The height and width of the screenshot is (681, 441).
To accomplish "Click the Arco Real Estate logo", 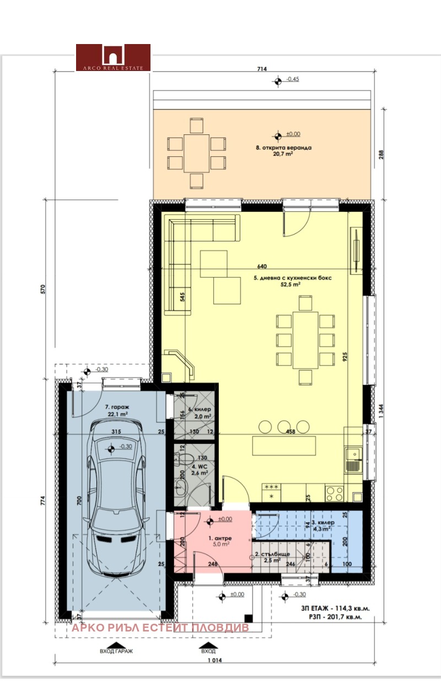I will (x=113, y=57).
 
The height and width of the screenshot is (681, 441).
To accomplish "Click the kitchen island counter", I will (x=284, y=445).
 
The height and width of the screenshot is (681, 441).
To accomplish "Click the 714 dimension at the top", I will (x=262, y=69).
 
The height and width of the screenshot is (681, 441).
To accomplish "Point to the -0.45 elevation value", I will (x=292, y=79).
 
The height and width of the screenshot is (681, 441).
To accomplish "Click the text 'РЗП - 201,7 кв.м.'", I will (x=331, y=617).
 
